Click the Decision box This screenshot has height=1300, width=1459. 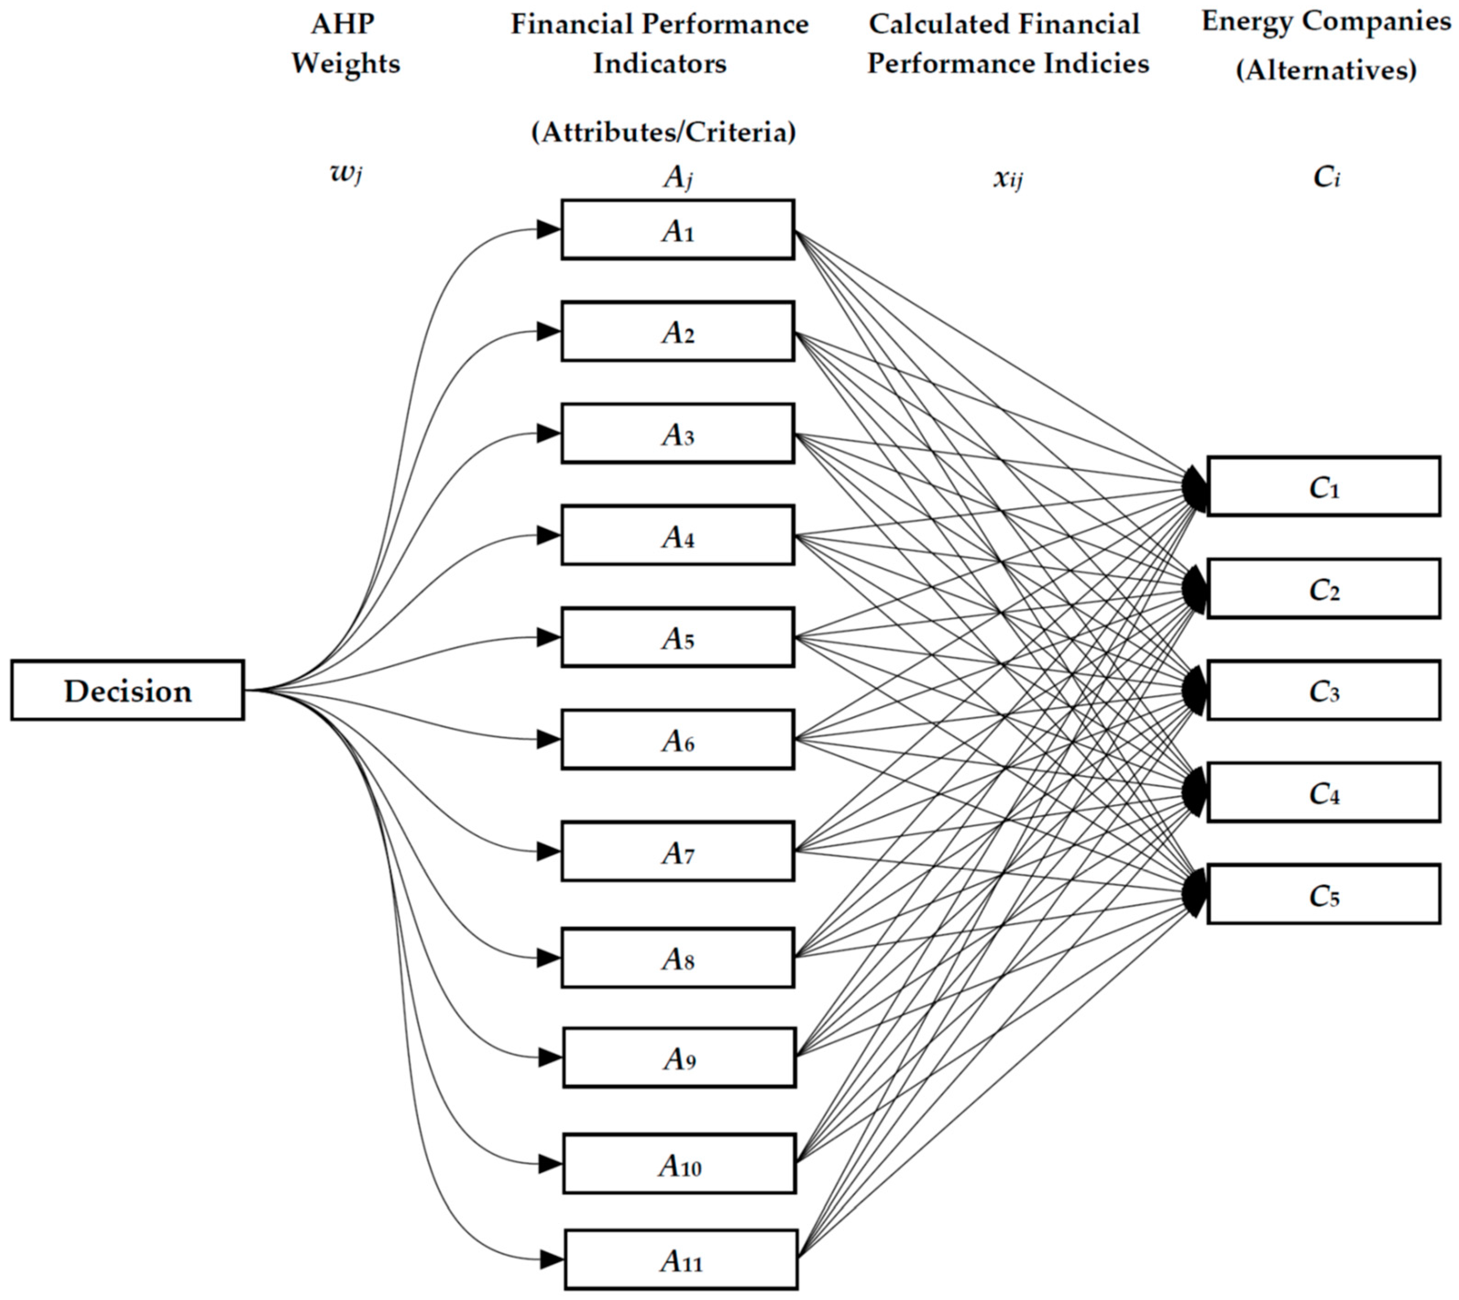click(x=127, y=690)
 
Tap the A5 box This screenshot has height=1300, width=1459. click(x=677, y=637)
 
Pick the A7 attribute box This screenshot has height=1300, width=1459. click(x=677, y=851)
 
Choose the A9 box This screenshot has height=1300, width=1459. click(x=679, y=1057)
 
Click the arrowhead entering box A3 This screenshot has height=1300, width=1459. click(x=548, y=433)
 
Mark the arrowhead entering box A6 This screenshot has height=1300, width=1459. click(x=548, y=739)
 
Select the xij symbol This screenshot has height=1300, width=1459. click(x=1008, y=178)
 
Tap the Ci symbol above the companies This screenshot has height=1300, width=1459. click(x=1326, y=176)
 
